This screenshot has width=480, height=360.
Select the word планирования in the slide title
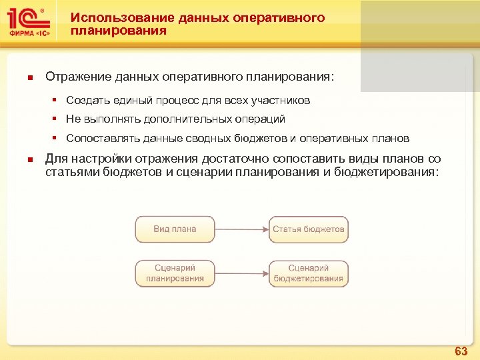119,31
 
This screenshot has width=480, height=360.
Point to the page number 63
461,351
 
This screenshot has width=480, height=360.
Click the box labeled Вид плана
175,229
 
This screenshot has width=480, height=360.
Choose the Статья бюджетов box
309,229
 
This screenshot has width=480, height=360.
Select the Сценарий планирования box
175,273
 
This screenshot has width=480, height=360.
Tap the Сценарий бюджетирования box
309,273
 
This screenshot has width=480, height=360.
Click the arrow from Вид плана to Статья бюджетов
241,229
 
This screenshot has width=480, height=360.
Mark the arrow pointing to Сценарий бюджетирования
241,273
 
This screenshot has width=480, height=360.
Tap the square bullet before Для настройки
30,159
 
